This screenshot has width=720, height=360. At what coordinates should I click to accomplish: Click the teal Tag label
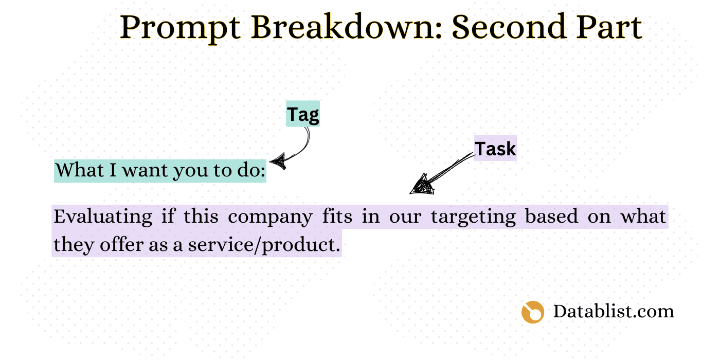(303, 114)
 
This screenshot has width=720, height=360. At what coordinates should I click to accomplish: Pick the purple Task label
(495, 149)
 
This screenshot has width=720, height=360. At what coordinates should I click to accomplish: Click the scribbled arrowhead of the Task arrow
(422, 185)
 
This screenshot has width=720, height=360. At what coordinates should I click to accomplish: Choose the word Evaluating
(103, 217)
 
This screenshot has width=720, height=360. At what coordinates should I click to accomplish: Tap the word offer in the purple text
(120, 244)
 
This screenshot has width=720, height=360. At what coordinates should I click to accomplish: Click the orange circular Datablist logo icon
(532, 312)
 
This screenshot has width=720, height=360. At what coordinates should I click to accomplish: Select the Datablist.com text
(613, 311)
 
